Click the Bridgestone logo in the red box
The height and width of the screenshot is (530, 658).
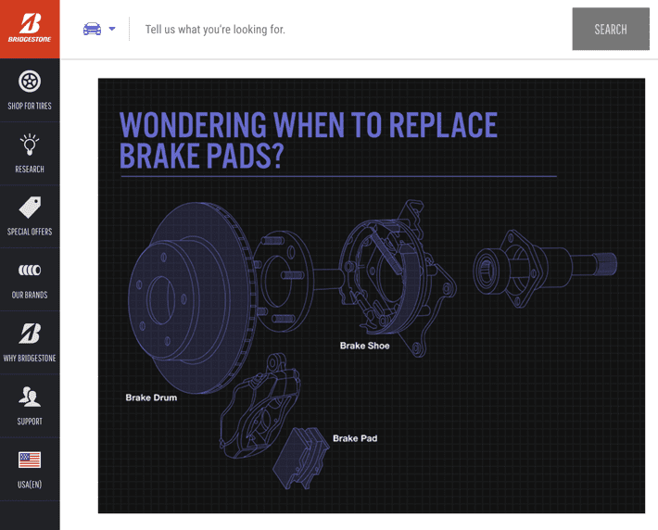[x=30, y=28]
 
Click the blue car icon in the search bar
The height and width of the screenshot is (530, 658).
[x=92, y=29]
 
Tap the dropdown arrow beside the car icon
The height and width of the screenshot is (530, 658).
[x=112, y=29]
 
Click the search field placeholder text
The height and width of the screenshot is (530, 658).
[x=215, y=30]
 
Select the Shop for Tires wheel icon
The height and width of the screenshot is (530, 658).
[x=30, y=82]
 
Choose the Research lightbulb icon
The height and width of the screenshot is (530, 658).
[x=30, y=145]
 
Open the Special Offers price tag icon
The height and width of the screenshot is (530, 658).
[x=30, y=208]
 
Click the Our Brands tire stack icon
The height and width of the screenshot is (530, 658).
[x=30, y=270]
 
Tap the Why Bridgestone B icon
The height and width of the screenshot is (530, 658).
[x=30, y=334]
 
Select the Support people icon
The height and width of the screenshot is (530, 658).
[x=30, y=397]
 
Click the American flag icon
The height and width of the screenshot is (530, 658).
[x=30, y=460]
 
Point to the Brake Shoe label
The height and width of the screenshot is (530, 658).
[x=364, y=346]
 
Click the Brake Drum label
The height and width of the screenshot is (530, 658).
[x=151, y=397]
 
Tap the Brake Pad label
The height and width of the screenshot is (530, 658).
[x=355, y=438]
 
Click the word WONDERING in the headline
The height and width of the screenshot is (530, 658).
[x=193, y=125]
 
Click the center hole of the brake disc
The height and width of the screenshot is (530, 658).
[x=161, y=300]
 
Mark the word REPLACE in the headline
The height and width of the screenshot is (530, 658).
[x=443, y=125]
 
